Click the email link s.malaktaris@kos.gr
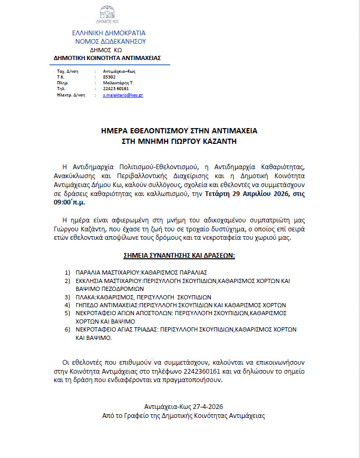pyautogui.click(x=123, y=95)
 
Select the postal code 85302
pyautogui.click(x=109, y=77)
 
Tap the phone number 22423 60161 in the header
pyautogui.click(x=116, y=89)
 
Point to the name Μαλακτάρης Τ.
pyautogui.click(x=118, y=83)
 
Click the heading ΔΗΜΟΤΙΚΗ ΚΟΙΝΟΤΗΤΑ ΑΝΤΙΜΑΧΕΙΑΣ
pyautogui.click(x=108, y=57)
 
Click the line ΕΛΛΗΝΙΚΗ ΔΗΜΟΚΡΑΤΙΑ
pyautogui.click(x=109, y=33)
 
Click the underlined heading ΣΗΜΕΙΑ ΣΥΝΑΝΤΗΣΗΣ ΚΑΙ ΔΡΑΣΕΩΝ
pyautogui.click(x=179, y=256)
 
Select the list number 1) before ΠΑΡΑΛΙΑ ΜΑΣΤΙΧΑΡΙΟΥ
pyautogui.click(x=67, y=272)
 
